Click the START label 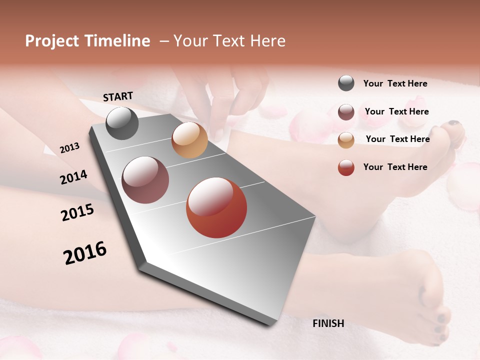click(x=118, y=96)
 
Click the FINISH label click(x=328, y=323)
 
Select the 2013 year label click(x=69, y=148)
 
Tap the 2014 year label click(x=73, y=177)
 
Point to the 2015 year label click(x=77, y=212)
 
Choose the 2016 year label click(x=85, y=253)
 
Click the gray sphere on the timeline click(x=122, y=123)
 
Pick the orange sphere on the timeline click(x=189, y=140)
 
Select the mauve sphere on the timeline click(x=145, y=180)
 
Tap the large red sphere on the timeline click(x=216, y=207)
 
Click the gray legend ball click(x=346, y=83)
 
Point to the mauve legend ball click(x=346, y=112)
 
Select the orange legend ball click(x=346, y=139)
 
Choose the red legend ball click(x=346, y=167)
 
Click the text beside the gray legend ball click(x=395, y=83)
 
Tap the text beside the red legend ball click(x=395, y=167)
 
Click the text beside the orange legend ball click(x=397, y=139)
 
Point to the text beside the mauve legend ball click(x=396, y=111)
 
